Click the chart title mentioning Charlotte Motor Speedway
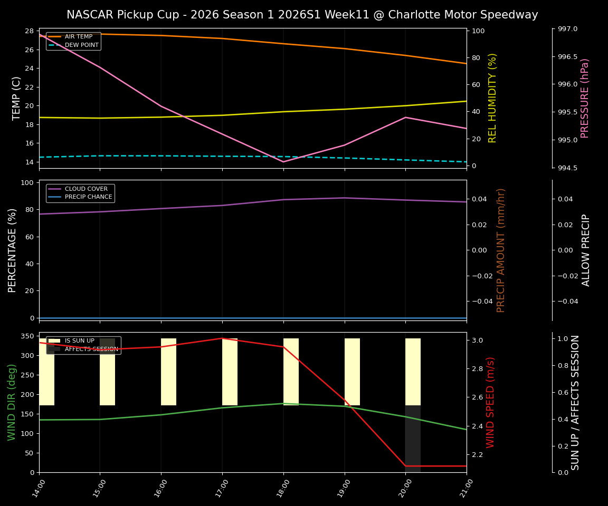302,15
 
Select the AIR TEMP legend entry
78,37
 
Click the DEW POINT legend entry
81,45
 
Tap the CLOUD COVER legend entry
86,189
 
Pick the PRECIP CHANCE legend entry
88,197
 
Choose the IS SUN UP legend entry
79,341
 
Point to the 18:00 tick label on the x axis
279,488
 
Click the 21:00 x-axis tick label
462,488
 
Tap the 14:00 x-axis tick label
35,488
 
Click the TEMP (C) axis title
17,98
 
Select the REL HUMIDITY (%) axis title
492,98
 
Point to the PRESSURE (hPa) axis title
585,98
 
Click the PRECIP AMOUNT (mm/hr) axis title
501,250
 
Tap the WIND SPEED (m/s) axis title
490,402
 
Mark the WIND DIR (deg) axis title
12,402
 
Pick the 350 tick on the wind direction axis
28,336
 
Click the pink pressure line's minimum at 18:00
283,161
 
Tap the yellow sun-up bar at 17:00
230,372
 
